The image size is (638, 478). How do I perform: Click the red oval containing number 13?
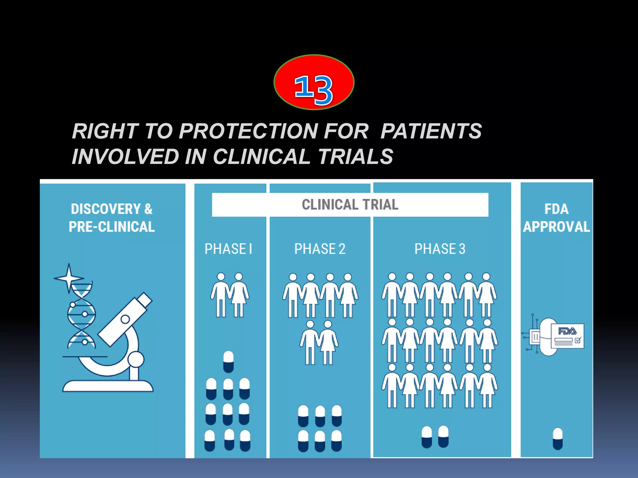(x=314, y=82)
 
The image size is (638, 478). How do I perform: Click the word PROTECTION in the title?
(x=248, y=131)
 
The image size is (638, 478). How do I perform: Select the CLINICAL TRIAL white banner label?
(x=350, y=205)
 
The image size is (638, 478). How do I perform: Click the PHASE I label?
(x=228, y=249)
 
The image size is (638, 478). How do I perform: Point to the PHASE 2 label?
(x=320, y=249)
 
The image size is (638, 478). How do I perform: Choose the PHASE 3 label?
(x=440, y=249)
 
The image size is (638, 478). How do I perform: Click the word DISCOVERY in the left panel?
(x=106, y=209)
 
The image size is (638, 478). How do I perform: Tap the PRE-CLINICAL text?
(x=112, y=227)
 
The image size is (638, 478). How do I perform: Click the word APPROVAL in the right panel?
(x=556, y=227)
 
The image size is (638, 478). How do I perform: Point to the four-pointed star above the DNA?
(x=69, y=278)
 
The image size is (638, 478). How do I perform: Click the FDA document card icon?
(x=567, y=336)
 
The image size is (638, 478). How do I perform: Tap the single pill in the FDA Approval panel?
(x=557, y=438)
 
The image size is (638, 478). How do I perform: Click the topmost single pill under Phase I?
(x=228, y=362)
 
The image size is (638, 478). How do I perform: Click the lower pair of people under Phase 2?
(x=319, y=343)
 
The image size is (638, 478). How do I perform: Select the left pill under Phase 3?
(x=426, y=437)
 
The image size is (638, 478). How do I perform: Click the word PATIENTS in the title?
(x=431, y=131)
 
